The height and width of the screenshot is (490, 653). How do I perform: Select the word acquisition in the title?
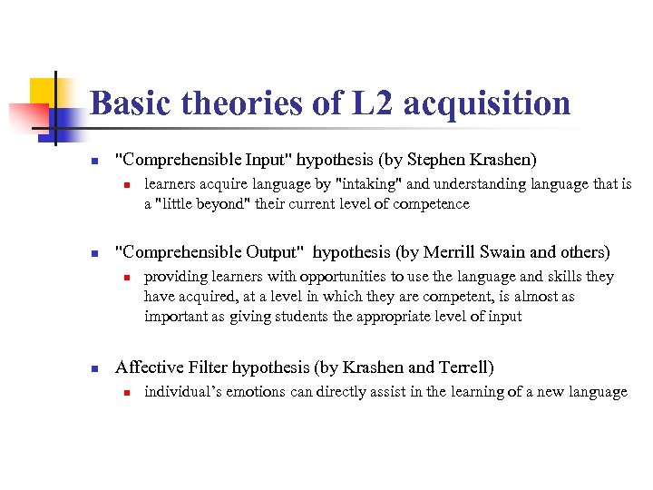[487, 103]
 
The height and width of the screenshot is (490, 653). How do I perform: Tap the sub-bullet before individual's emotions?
[129, 393]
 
